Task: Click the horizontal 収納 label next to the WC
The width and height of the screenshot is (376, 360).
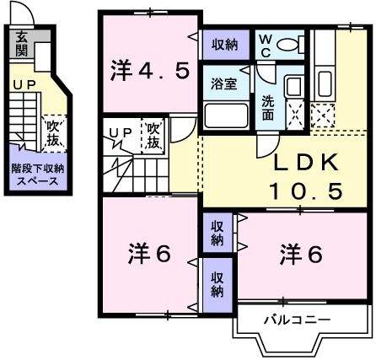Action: point(224,44)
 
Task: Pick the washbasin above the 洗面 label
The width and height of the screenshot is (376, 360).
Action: point(293,87)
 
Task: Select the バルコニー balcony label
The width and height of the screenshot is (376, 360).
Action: point(295,320)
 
